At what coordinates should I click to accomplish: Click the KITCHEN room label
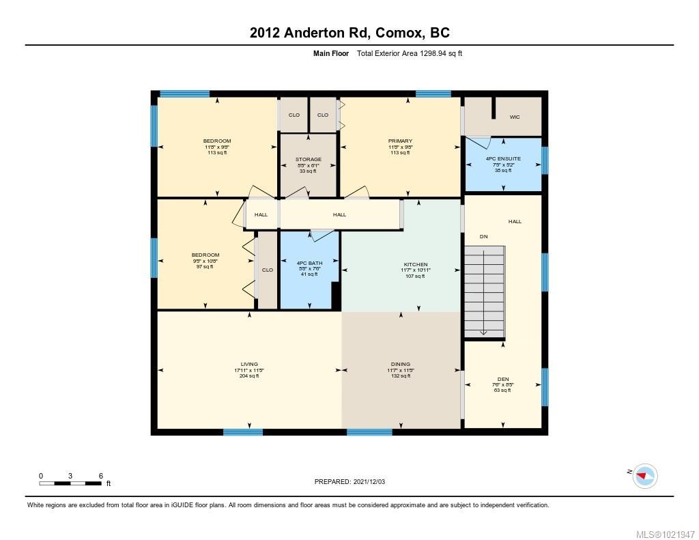(x=415, y=264)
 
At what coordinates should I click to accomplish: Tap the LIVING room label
(x=249, y=364)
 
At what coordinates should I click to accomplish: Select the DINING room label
(x=401, y=364)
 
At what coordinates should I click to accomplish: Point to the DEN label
(x=503, y=379)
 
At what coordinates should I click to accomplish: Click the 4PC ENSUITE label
(x=502, y=158)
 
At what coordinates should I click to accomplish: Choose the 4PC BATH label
(x=309, y=264)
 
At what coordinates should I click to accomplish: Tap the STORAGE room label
(x=309, y=159)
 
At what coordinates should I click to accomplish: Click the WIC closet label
(x=515, y=117)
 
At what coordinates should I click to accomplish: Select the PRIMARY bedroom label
(x=400, y=141)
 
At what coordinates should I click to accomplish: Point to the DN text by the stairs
(x=483, y=236)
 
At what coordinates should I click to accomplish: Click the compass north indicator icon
(x=644, y=475)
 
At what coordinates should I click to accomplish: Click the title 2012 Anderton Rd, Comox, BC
(x=349, y=33)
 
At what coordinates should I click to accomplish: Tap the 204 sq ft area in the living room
(x=249, y=376)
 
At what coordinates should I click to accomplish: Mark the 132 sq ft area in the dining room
(x=401, y=376)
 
